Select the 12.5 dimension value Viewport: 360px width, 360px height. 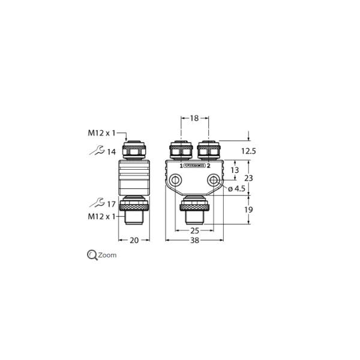pyautogui.click(x=248, y=152)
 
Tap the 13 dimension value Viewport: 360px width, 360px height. pyautogui.click(x=235, y=170)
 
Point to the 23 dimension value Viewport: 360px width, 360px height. pyautogui.click(x=250, y=178)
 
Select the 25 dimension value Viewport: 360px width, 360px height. pyautogui.click(x=194, y=231)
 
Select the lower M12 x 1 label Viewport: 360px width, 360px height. pyautogui.click(x=100, y=216)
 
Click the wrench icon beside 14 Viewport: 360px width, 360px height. pyautogui.click(x=95, y=151)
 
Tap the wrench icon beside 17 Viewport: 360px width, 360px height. pyautogui.click(x=95, y=204)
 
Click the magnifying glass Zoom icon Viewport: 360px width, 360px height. pyautogui.click(x=92, y=255)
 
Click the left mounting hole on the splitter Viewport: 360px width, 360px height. pyautogui.click(x=175, y=180)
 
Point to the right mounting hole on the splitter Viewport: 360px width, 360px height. pyautogui.click(x=214, y=180)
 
